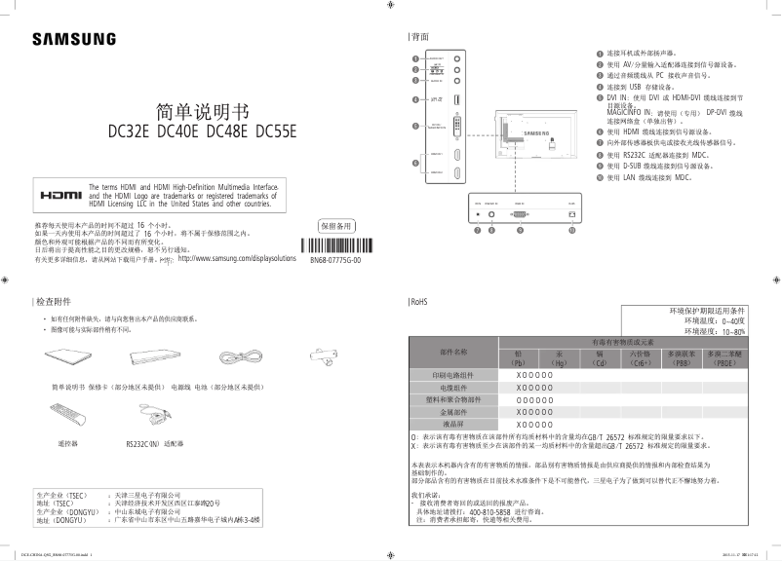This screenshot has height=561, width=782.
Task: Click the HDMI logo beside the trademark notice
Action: click(x=59, y=194)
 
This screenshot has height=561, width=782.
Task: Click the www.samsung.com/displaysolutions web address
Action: click(x=237, y=260)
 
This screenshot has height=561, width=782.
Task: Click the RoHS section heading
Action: click(x=420, y=301)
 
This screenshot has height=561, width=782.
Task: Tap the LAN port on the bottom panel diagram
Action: click(x=570, y=214)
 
